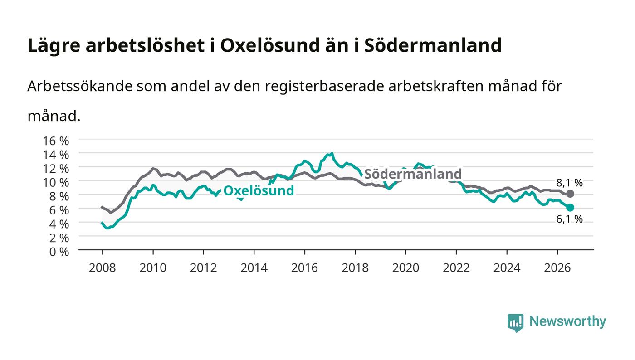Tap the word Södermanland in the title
(x=433, y=45)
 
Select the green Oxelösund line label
(x=259, y=190)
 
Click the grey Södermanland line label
(x=413, y=174)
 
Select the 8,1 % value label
(x=569, y=183)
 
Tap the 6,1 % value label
(x=569, y=219)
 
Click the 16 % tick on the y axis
(x=56, y=141)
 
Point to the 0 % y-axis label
(x=59, y=252)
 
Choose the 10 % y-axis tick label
(x=56, y=183)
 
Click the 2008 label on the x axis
(x=103, y=268)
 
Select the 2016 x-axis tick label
(x=304, y=268)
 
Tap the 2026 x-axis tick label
(x=557, y=268)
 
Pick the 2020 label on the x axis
(x=405, y=268)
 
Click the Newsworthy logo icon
(x=515, y=323)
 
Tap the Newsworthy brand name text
(x=567, y=321)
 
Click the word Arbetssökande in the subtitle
(x=80, y=86)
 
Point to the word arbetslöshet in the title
(x=145, y=45)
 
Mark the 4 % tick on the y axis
(x=59, y=224)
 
